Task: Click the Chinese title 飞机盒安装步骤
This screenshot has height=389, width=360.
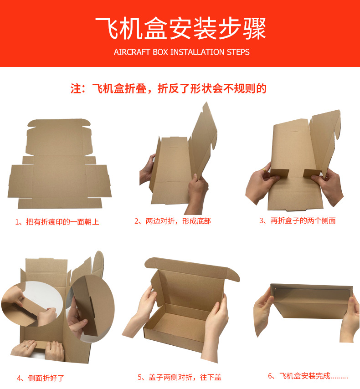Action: (x=180, y=28)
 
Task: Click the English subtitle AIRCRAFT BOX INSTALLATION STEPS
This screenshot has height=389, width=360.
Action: (x=181, y=52)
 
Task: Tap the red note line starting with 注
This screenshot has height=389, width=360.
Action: (x=168, y=88)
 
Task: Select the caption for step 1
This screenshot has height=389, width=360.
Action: (x=57, y=222)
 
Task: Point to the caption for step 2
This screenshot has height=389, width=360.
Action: (x=173, y=221)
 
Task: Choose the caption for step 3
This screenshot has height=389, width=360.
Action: (x=298, y=220)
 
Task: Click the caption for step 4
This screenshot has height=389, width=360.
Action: (x=41, y=378)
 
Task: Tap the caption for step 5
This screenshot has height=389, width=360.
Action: (x=180, y=377)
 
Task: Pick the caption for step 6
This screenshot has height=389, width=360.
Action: (x=308, y=376)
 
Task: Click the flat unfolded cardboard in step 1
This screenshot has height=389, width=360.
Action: (x=60, y=164)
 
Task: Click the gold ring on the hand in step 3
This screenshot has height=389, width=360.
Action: (x=264, y=170)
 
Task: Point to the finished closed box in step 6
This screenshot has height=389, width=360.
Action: (x=312, y=301)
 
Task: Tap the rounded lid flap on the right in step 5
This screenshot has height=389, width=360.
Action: (x=232, y=274)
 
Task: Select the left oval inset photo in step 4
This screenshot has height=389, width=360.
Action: (x=32, y=304)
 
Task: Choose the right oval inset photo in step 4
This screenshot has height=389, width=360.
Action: (x=91, y=308)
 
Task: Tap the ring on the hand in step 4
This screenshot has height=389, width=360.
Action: (x=26, y=346)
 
